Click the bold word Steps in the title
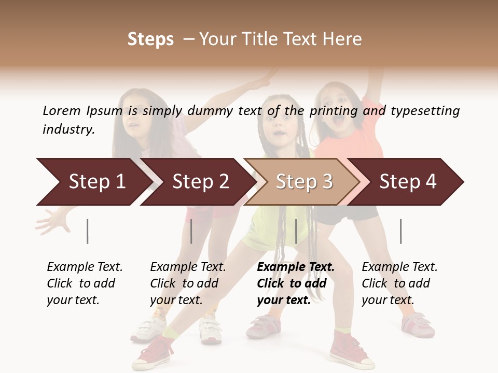150,39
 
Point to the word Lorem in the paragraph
62,111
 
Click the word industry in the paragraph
68,130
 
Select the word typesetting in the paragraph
425,111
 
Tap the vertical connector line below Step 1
88,231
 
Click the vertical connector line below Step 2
191,231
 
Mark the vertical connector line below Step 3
296,231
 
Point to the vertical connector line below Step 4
401,231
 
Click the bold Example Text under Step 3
296,267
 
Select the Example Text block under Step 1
85,283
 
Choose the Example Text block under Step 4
399,283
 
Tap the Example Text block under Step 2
188,283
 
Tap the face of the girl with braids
279,127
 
